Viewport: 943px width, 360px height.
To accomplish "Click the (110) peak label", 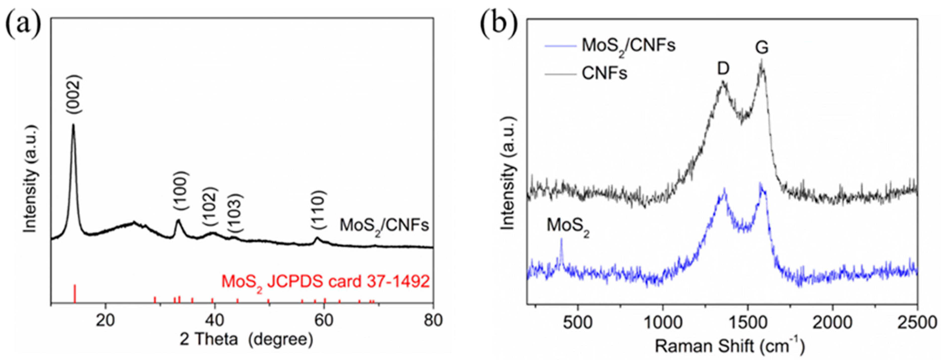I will [318, 210].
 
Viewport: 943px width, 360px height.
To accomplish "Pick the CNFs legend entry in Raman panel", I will [604, 73].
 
